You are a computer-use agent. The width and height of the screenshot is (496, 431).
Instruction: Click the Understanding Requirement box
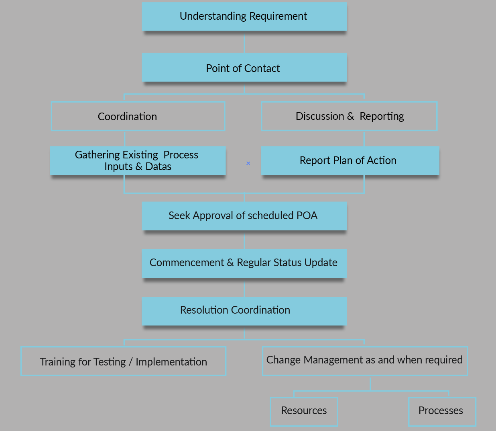click(244, 16)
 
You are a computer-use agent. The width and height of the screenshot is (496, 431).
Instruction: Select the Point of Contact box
click(244, 68)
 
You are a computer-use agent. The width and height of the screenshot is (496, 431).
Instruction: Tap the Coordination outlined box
click(138, 116)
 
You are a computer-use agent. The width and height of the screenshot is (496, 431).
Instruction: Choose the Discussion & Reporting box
click(349, 116)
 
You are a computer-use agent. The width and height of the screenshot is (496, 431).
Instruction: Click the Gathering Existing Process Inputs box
click(138, 160)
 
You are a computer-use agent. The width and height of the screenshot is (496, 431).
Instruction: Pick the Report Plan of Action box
click(350, 160)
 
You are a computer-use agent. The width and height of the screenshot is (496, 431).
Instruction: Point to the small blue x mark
click(248, 163)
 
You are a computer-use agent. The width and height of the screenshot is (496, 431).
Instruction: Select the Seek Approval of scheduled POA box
click(244, 216)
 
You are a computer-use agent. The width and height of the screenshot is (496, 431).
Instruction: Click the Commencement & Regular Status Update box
click(244, 263)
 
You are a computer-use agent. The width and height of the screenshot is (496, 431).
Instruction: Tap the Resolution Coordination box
click(244, 310)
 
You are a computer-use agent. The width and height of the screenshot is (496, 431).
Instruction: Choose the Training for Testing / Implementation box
click(124, 361)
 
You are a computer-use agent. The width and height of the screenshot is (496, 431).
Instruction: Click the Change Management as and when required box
click(365, 361)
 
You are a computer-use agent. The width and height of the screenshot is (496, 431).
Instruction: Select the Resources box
click(304, 411)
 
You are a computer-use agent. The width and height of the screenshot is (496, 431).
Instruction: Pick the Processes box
click(442, 411)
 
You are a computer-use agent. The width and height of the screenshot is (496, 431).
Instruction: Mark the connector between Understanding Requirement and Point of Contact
click(244, 42)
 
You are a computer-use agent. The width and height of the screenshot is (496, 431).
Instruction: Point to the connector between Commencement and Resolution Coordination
click(244, 288)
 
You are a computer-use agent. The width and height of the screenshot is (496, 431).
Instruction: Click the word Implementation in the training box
click(171, 362)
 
